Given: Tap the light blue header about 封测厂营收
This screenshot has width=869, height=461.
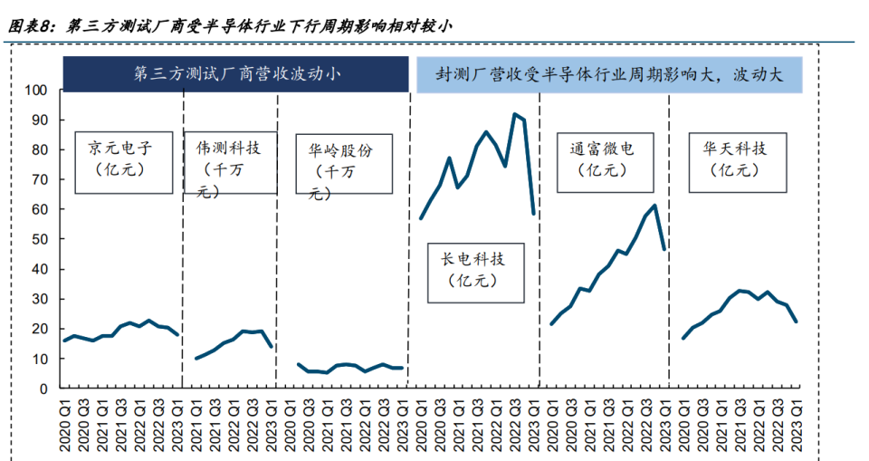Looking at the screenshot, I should point(608,74).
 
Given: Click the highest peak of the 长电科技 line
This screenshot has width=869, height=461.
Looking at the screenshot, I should point(515,114).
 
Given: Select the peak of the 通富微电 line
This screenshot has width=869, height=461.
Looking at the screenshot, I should point(654,206).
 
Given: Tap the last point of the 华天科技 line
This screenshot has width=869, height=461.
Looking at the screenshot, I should point(797,322).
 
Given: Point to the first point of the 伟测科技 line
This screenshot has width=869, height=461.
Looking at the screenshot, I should point(196,359).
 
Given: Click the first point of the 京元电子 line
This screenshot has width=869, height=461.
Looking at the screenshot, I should point(63,341).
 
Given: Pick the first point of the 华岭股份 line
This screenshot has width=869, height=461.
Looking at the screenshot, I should point(299,364).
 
